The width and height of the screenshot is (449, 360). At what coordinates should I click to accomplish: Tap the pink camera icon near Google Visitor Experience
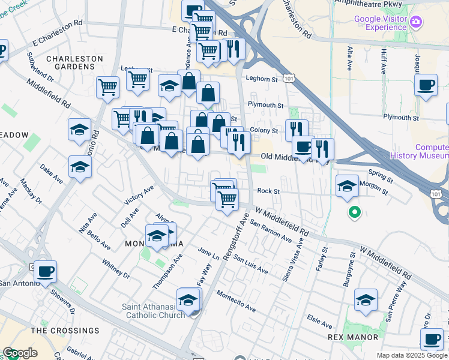[416, 23]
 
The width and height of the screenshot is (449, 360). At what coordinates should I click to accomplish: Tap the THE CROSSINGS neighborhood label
[65, 331]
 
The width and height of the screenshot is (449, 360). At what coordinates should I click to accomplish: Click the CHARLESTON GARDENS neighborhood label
[75, 62]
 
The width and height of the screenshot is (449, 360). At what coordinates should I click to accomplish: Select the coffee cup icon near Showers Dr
[46, 272]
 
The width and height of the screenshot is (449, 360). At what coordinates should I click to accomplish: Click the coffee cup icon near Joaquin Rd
[427, 86]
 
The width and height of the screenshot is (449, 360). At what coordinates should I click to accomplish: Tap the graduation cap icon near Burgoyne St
[366, 299]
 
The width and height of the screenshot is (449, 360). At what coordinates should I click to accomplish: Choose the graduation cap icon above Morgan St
[346, 186]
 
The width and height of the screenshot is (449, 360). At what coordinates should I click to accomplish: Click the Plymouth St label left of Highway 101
[266, 105]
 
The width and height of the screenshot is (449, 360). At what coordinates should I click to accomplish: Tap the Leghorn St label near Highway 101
[261, 77]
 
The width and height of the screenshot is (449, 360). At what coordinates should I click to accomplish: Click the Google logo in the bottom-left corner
[20, 353]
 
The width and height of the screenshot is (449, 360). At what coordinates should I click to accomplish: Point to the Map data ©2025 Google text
[412, 355]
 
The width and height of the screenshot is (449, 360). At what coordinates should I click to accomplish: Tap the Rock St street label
[269, 191]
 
